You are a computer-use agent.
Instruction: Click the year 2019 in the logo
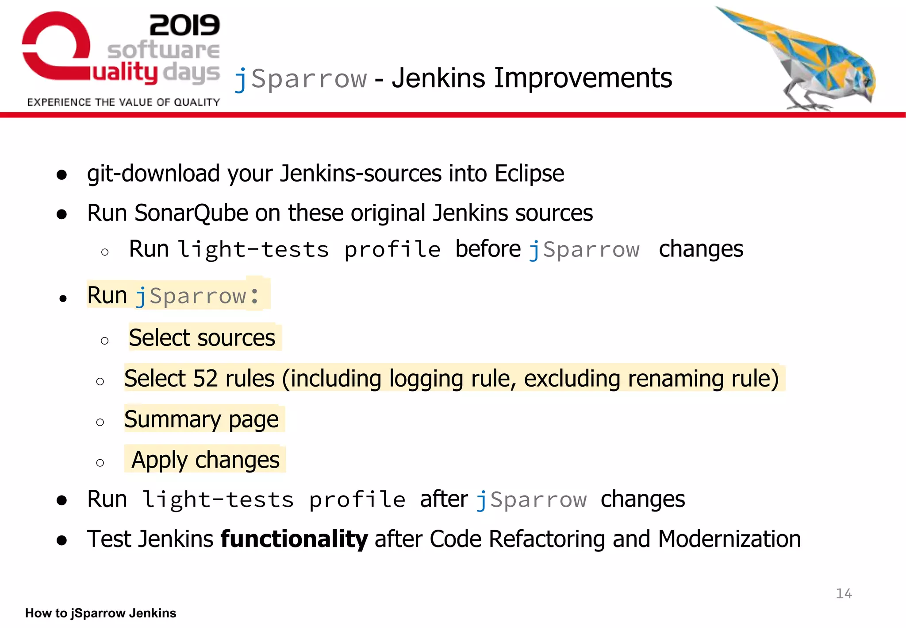coord(184,25)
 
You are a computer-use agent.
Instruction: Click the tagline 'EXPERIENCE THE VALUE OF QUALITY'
coord(123,102)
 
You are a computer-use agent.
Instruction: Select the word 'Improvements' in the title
coord(583,78)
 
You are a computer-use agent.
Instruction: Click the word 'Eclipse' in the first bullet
coord(529,174)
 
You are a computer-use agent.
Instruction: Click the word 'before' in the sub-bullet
coord(488,249)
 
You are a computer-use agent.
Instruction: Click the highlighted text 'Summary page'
coord(201,419)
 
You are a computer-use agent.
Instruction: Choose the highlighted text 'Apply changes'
coord(205,460)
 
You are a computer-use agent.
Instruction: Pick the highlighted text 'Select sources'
coord(202,338)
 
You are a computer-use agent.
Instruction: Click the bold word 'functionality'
coord(294,539)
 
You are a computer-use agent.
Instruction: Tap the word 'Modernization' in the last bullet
coord(729,539)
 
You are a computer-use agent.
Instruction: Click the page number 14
coord(844,593)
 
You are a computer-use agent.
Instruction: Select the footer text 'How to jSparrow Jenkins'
coord(100,613)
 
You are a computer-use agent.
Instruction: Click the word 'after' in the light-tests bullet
coord(444,500)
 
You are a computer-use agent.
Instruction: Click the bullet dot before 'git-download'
coord(62,174)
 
